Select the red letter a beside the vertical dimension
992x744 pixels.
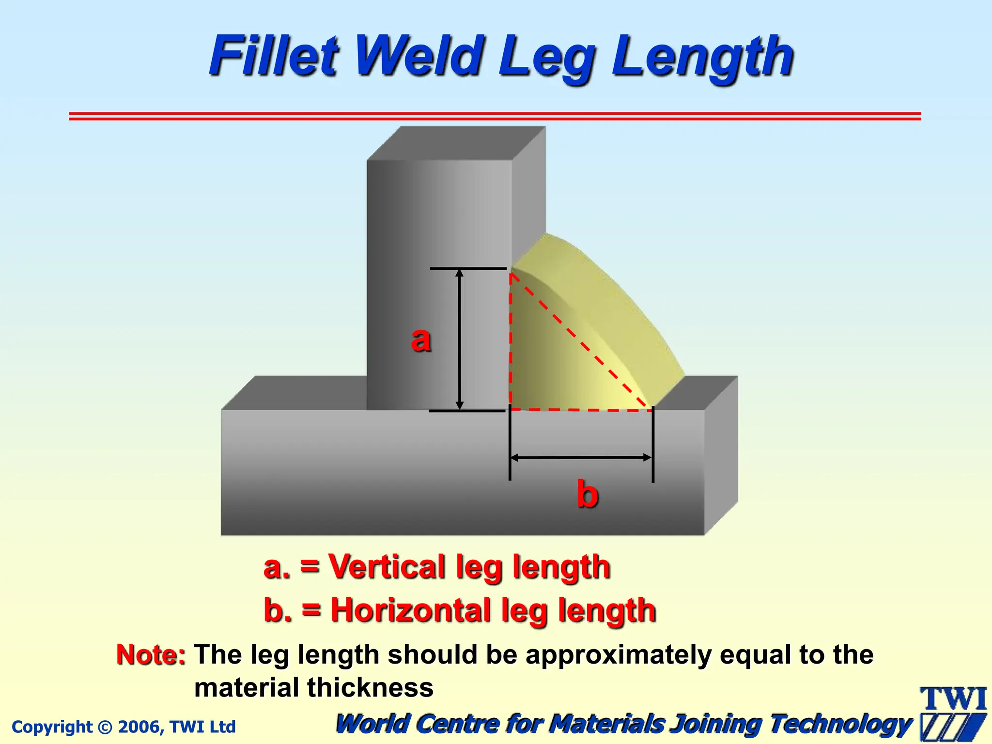pos(420,340)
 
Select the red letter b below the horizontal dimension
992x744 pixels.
pos(587,494)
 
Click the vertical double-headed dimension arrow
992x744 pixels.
pos(460,339)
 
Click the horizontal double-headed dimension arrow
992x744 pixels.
pos(581,457)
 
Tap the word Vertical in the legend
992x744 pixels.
pos(386,566)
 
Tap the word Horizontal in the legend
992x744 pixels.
pos(411,610)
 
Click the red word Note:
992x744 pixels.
pos(151,655)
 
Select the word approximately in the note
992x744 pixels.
pos(619,655)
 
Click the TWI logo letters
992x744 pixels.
pos(953,699)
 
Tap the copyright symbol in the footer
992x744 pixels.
pos(105,727)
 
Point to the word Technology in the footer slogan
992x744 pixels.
pos(840,724)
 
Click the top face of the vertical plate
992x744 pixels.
pos(455,143)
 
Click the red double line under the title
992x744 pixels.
pos(494,116)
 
